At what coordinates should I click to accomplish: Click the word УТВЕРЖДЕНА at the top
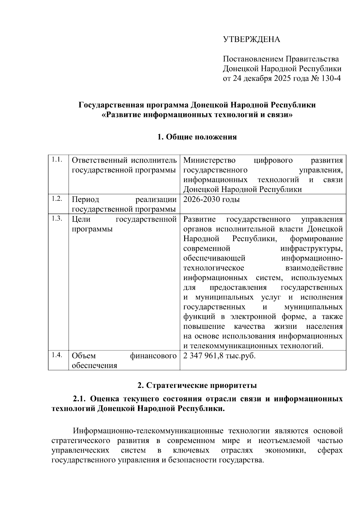pos(251,40)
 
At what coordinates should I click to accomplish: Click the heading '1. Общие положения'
pos(197,137)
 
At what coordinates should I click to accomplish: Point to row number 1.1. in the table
pos(57,160)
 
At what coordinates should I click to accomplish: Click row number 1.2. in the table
pos(57,199)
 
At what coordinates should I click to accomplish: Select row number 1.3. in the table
pos(57,218)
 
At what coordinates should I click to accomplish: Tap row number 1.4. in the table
pos(57,355)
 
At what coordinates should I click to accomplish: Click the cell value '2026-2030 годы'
pos(211,199)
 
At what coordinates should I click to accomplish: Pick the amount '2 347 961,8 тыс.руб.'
pos(219,356)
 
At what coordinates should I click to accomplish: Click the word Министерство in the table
pos(209,160)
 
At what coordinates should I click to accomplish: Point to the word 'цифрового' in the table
pos(273,160)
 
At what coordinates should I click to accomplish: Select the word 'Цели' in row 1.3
pos(81,219)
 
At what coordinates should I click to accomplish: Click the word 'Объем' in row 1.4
pos(84,356)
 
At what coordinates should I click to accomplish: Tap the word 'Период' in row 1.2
pos(85,199)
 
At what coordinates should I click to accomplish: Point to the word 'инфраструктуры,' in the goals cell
pos(311,249)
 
